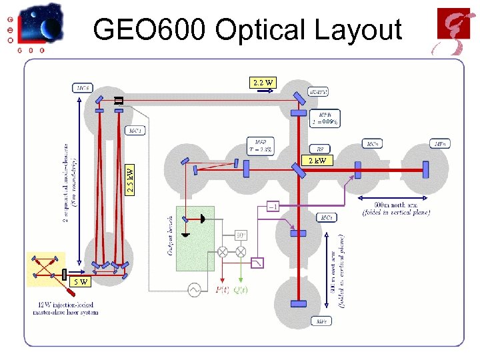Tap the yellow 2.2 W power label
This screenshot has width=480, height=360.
point(263,83)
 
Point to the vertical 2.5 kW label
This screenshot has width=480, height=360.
point(131,180)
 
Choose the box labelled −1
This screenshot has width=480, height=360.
point(273,206)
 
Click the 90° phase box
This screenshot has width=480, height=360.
point(241,235)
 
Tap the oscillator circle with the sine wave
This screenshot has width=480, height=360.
point(195,289)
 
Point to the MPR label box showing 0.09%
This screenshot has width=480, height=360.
point(325,118)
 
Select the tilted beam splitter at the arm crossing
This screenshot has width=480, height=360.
point(298,169)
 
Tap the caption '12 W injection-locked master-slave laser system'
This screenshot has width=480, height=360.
point(65,308)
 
